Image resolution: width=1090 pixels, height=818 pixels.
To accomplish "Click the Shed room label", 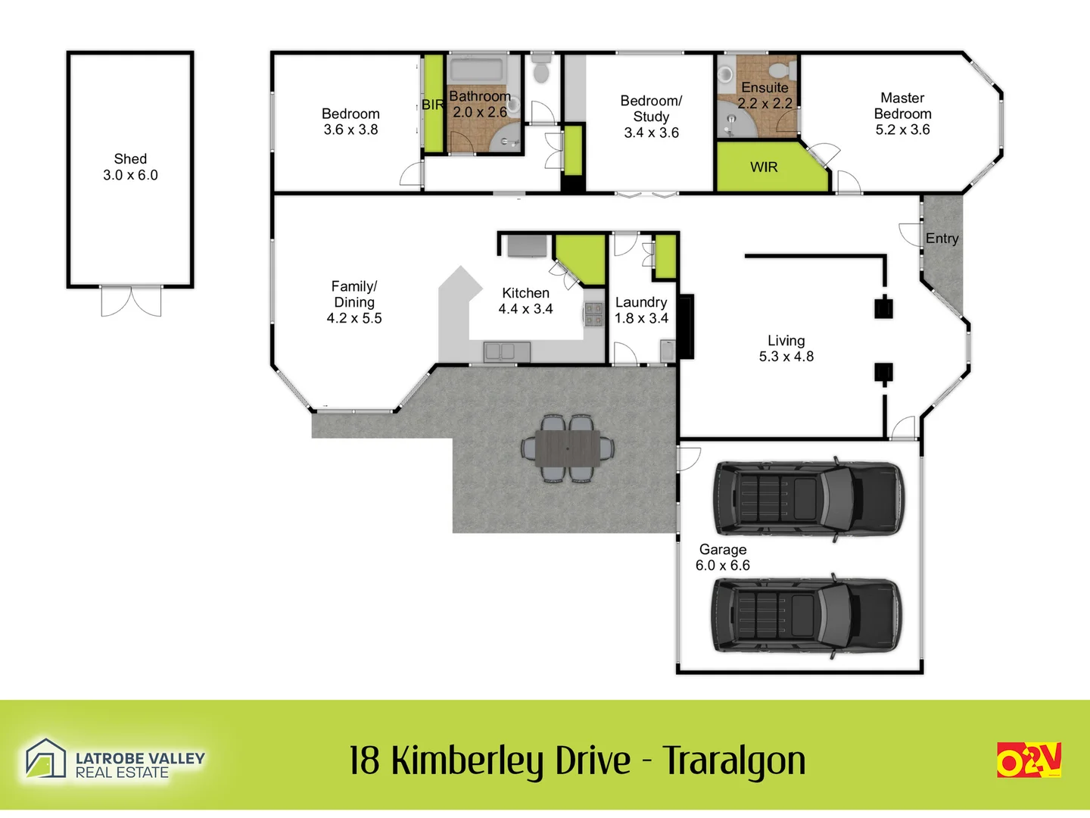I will [x=130, y=159].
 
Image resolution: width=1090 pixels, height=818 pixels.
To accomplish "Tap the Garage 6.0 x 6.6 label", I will [x=723, y=557].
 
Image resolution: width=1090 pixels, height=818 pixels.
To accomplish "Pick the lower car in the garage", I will [x=807, y=614].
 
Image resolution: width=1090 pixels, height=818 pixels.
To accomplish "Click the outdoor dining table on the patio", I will [x=568, y=448].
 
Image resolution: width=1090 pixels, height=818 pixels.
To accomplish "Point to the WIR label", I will [x=764, y=167].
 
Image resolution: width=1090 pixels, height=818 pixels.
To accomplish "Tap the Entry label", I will [x=942, y=239].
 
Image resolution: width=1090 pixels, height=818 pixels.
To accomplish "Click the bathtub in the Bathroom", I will [x=476, y=70].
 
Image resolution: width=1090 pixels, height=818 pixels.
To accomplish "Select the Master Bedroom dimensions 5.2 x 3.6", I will [x=902, y=130].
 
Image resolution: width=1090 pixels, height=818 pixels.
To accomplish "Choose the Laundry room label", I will [x=641, y=302].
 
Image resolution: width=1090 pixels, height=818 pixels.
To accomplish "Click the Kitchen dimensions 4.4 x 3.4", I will [x=525, y=309].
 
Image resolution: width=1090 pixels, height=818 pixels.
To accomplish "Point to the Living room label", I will [x=786, y=341].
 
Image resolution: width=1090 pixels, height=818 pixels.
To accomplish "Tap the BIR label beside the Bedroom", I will [x=433, y=105].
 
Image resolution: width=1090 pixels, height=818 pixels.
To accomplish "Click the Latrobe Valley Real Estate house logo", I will [x=45, y=758].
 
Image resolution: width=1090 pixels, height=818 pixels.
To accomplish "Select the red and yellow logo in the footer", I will [x=1029, y=760].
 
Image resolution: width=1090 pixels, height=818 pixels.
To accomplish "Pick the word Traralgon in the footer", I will [x=733, y=761].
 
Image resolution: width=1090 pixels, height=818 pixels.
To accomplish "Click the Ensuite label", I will [x=765, y=88].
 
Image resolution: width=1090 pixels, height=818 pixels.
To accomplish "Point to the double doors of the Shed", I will [x=131, y=301].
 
